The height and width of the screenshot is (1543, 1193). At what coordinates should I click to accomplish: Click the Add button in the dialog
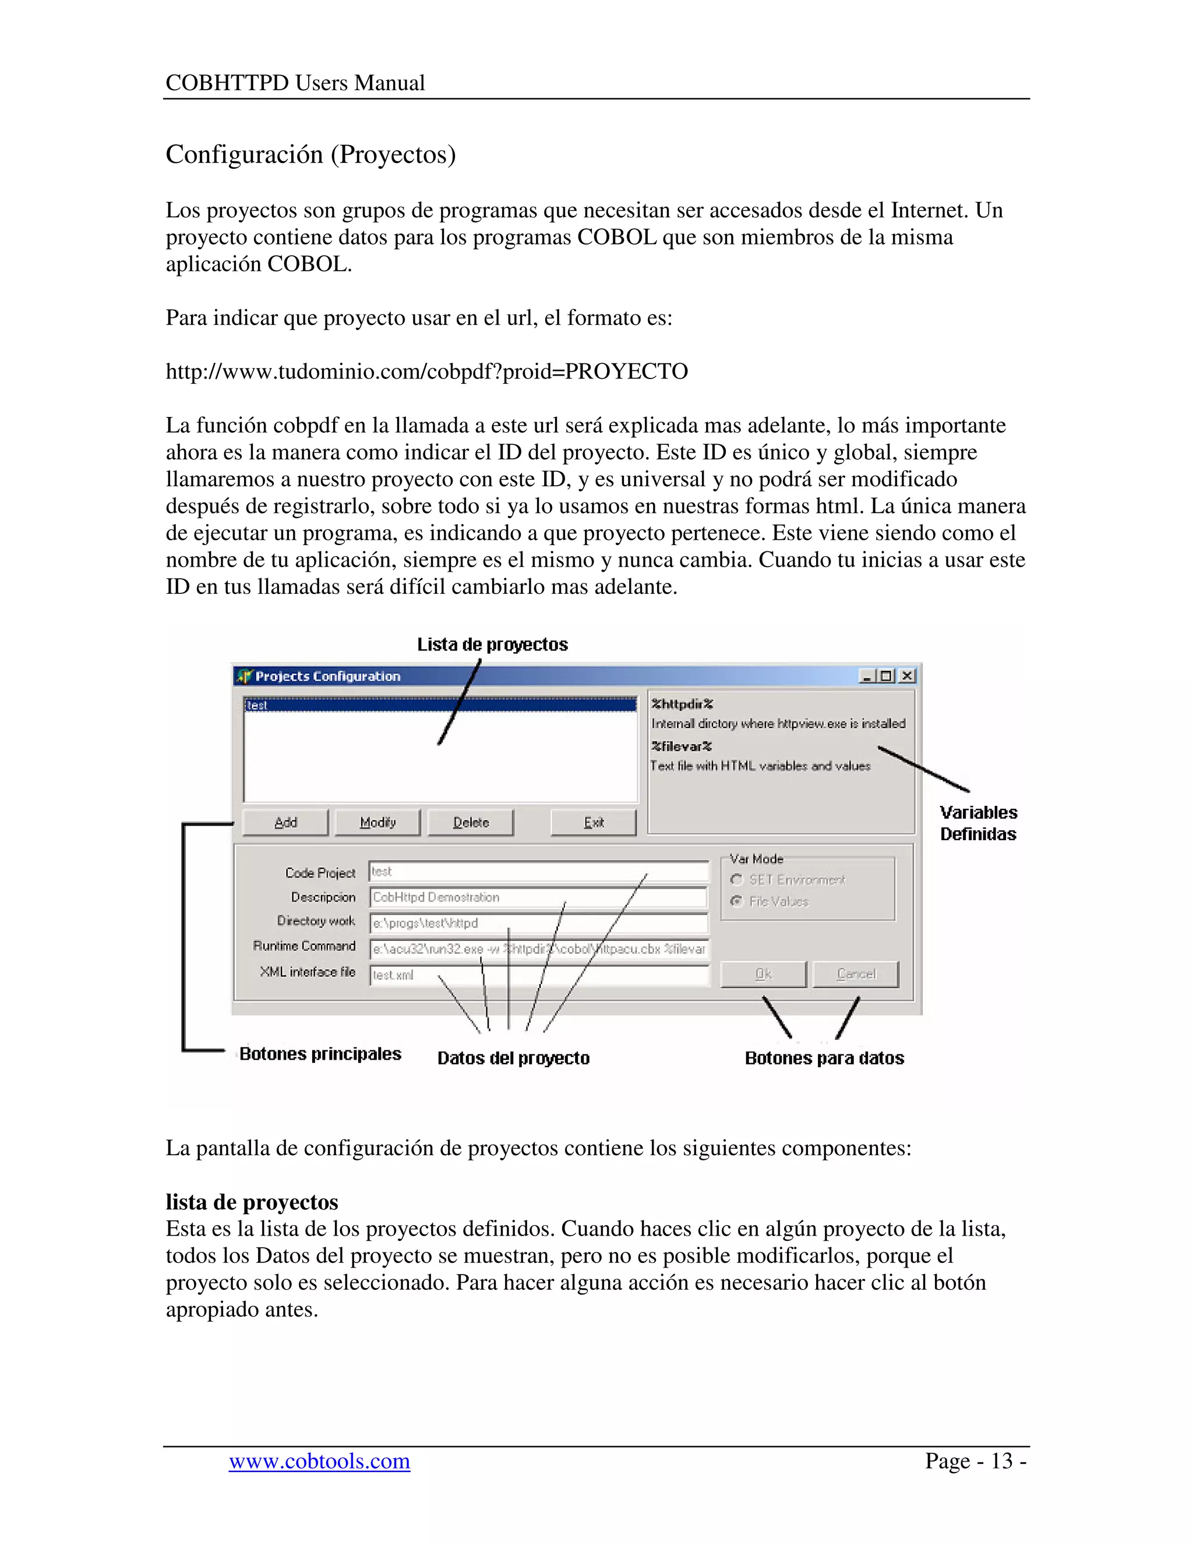[285, 822]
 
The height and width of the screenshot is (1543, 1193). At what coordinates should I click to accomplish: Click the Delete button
[471, 822]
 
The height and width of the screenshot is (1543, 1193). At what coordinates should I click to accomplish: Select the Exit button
[594, 822]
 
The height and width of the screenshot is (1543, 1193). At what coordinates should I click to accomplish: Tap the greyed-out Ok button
[763, 974]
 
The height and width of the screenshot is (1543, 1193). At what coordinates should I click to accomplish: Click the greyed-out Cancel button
[856, 974]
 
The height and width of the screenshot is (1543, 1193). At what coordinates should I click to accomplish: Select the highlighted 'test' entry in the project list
[440, 705]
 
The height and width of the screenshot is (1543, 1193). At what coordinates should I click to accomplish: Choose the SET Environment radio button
[737, 880]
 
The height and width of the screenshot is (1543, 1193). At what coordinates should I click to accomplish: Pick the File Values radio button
[737, 901]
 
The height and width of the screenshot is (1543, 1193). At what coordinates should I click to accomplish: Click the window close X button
[908, 676]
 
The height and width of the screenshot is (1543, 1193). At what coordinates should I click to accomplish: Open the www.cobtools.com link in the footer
[319, 1460]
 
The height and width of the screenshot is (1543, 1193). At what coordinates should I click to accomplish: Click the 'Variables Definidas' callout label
[978, 823]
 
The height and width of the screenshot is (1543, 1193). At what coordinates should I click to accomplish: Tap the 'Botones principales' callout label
[320, 1054]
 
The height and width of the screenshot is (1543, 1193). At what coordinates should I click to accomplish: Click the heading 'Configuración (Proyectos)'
[311, 154]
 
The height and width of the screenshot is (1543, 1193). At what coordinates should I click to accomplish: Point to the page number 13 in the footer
[1001, 1460]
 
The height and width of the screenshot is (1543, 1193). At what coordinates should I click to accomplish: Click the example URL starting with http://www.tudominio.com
[427, 371]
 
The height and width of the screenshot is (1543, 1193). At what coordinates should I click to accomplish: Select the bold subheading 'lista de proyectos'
[252, 1202]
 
